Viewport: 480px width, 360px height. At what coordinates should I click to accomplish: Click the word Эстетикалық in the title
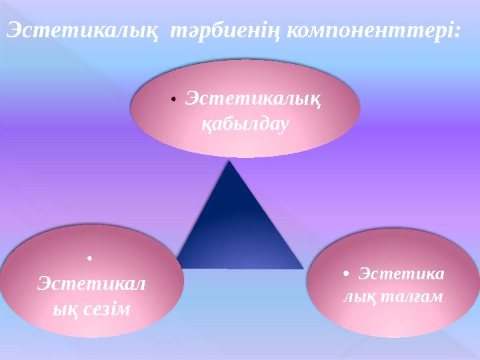(82, 31)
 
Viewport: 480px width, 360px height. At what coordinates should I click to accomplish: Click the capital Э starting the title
(13, 31)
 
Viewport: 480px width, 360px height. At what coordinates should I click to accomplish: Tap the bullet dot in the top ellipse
(173, 100)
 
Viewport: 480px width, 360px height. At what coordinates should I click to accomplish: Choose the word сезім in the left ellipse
(107, 309)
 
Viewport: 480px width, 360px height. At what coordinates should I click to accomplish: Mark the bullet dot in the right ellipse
(345, 274)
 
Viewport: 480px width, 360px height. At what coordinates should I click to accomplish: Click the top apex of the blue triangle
(231, 161)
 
